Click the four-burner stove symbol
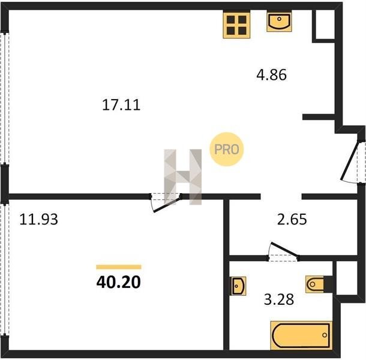coord(236,25)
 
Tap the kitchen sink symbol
coord(279,22)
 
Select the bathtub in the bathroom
coord(301,335)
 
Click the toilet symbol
coord(315,284)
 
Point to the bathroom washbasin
coord(239,286)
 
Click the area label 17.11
coord(121,105)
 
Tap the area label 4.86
coord(271,75)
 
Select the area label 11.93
coord(38,220)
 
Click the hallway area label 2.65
coord(292,220)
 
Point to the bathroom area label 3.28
coord(279,299)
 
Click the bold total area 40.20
coord(119,282)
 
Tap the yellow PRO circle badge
coord(227,149)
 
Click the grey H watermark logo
coord(183,177)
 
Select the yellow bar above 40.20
coord(119,267)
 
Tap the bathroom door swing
coord(283,251)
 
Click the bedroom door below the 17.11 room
coord(166,202)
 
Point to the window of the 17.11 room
coord(5,98)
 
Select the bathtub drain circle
coord(325,335)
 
